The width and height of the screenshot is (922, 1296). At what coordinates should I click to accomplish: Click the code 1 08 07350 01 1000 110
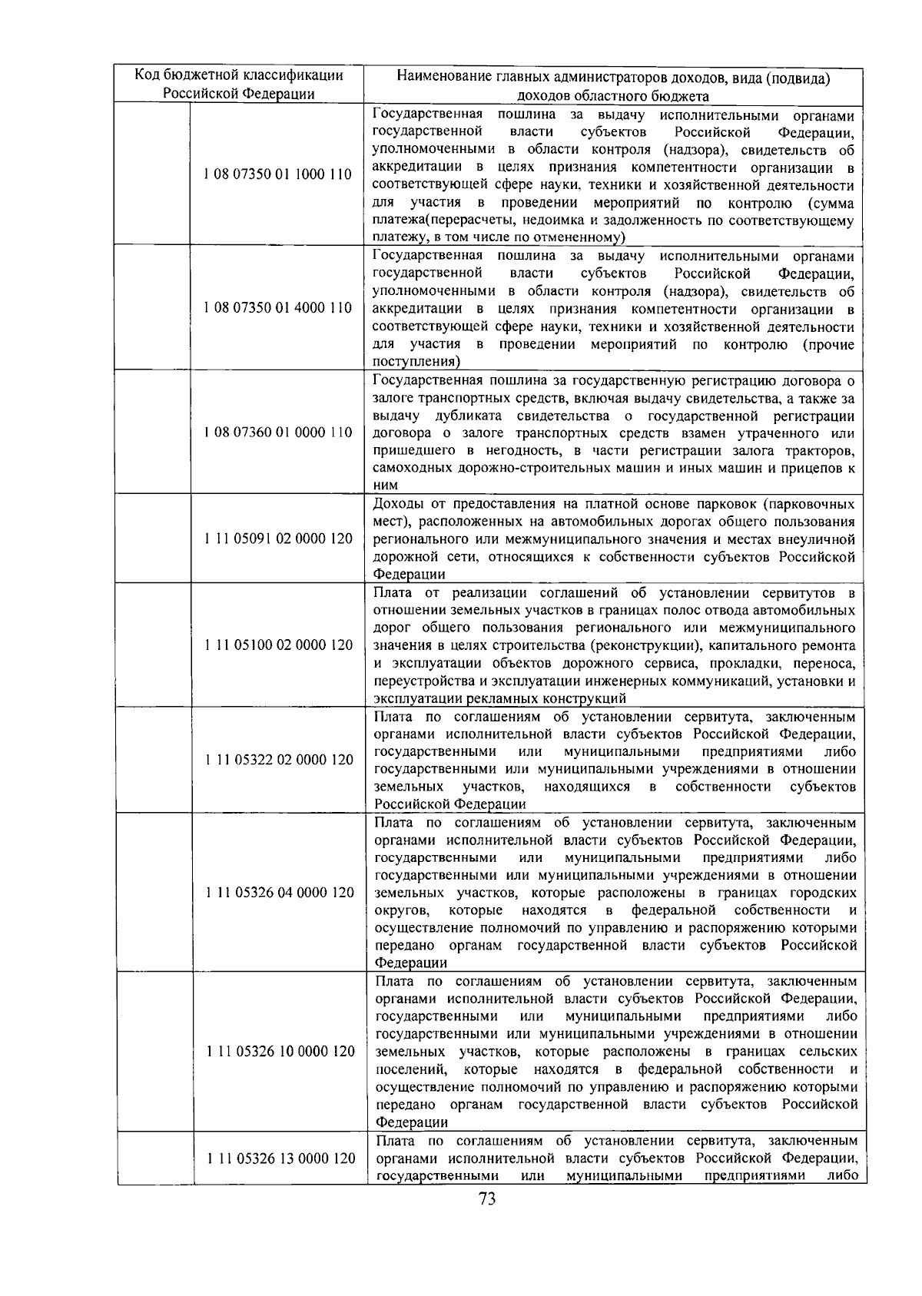click(277, 174)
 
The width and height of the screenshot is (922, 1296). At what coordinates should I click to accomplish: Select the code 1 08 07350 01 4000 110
click(277, 308)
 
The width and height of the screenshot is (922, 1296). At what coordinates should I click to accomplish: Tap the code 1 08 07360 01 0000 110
click(277, 433)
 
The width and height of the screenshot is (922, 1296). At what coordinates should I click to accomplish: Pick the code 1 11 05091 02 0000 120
click(278, 539)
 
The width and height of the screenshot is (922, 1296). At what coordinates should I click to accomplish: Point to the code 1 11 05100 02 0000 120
click(278, 645)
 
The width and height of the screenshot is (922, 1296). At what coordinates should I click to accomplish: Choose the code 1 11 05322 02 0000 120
click(279, 760)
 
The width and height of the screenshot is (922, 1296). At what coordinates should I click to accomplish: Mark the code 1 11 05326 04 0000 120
click(279, 893)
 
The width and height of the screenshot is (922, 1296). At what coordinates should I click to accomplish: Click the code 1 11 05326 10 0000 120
click(280, 1052)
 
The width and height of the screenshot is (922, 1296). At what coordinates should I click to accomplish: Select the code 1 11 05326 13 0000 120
click(280, 1158)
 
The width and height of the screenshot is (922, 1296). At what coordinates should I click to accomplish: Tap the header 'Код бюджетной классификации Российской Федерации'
click(239, 85)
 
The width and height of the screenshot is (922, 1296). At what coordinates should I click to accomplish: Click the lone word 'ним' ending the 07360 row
click(386, 486)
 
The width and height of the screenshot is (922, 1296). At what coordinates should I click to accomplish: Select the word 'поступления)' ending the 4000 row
click(416, 362)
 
